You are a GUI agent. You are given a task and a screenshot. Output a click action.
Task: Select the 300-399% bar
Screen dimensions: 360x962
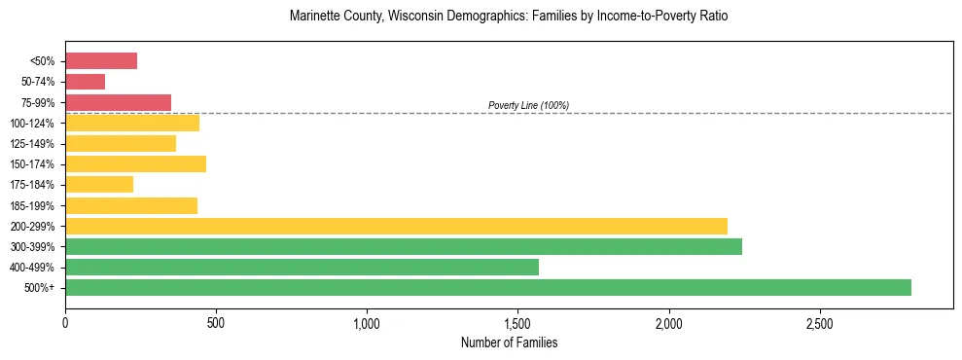(404, 246)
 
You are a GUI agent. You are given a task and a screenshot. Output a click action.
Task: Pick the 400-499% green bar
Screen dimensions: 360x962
(302, 267)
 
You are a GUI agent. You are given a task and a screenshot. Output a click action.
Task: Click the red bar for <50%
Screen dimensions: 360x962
(101, 61)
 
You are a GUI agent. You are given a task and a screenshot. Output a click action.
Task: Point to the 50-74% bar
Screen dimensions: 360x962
(85, 82)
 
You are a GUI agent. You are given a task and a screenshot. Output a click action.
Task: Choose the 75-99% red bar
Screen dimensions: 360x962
(118, 102)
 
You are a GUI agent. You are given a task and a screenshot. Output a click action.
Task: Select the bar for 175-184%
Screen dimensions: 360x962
(99, 184)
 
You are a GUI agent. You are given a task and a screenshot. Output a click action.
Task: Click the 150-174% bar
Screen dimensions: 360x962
(135, 163)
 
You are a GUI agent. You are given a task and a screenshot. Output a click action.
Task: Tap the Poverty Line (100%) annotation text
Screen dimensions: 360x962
(528, 105)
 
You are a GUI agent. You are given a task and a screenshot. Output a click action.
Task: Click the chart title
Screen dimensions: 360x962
(509, 17)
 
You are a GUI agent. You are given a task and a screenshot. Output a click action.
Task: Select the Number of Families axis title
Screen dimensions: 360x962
(509, 342)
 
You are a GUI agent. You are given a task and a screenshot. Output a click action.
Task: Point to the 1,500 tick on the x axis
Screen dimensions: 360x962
(518, 322)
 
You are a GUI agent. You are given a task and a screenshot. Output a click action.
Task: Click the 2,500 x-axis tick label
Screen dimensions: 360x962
(820, 322)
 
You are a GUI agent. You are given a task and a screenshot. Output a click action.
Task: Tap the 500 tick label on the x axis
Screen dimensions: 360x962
(216, 322)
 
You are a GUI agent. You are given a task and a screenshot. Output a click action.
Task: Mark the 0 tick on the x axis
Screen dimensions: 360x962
(65, 322)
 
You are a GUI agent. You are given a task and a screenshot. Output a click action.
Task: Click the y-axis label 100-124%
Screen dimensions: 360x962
(32, 124)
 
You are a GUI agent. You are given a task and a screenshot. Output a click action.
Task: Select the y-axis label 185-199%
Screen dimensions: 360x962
(32, 205)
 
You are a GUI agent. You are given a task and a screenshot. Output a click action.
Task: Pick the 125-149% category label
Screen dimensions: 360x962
(32, 144)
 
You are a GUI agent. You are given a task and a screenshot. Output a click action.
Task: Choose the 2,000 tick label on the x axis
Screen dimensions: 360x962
(669, 322)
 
